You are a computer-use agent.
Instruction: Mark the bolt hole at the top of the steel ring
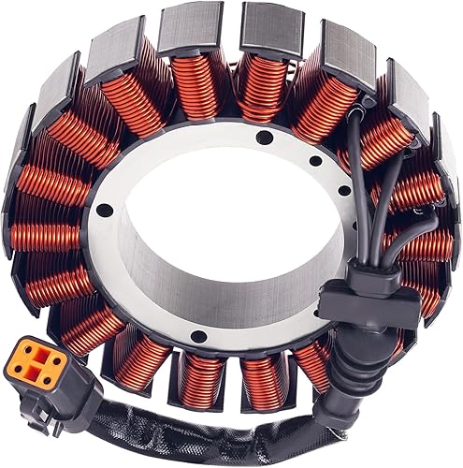[x=264, y=138]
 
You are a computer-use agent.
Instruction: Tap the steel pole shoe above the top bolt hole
[x=268, y=26]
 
